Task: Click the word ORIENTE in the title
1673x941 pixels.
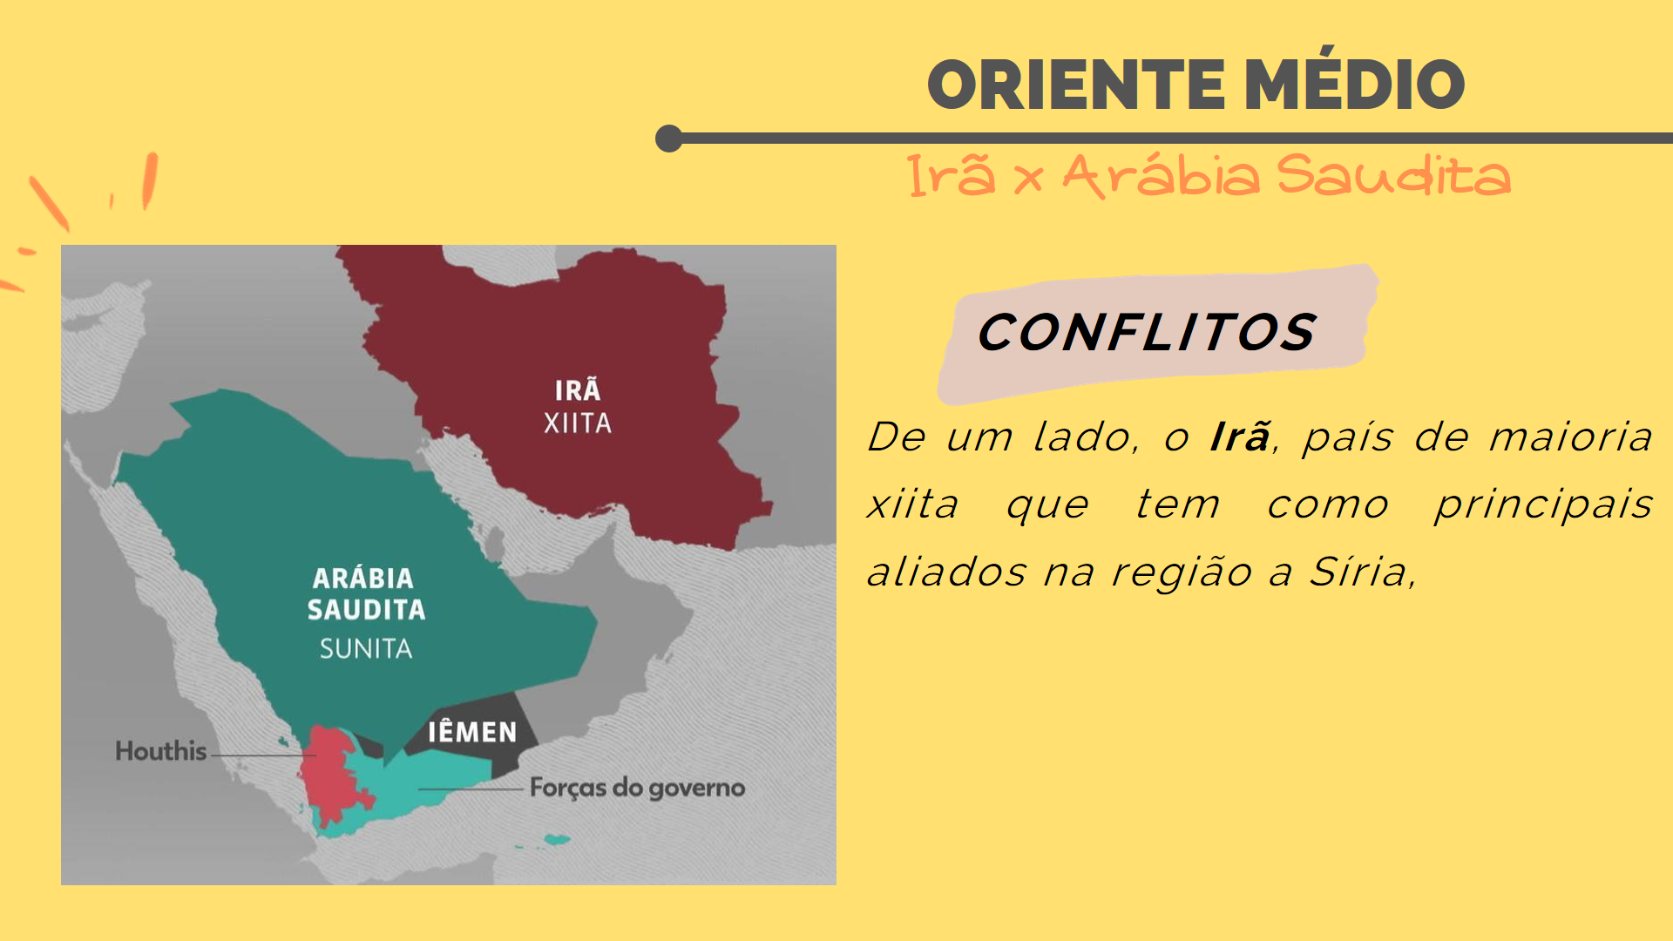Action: (x=1076, y=85)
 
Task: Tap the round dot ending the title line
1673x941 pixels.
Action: (x=669, y=139)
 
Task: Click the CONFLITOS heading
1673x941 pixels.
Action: (x=1146, y=332)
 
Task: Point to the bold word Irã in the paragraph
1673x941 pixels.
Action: (x=1239, y=436)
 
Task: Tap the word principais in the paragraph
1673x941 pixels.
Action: (x=1543, y=505)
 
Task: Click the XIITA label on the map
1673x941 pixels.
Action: (x=578, y=423)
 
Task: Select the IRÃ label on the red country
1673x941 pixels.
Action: (x=578, y=389)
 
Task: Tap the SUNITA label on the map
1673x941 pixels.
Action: (x=366, y=648)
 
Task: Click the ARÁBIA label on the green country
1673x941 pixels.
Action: (x=363, y=578)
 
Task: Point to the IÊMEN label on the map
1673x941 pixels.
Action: (x=472, y=731)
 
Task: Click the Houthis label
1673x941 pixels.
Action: (x=161, y=751)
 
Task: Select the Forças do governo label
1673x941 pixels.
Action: (x=637, y=788)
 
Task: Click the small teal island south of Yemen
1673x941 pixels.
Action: (x=557, y=840)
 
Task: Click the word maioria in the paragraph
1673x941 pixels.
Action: (x=1570, y=436)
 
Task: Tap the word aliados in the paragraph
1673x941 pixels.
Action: (x=946, y=572)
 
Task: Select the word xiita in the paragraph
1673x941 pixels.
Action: (x=912, y=504)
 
